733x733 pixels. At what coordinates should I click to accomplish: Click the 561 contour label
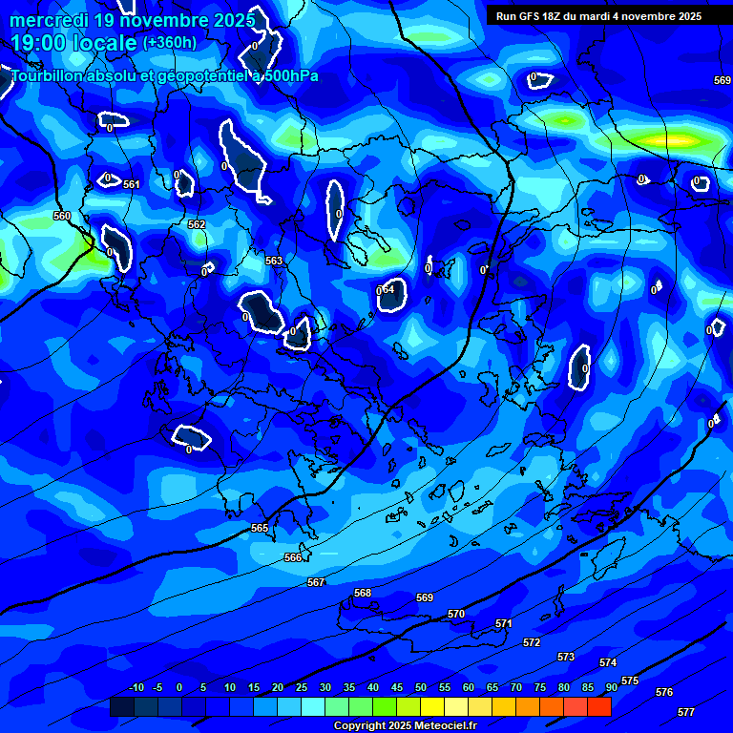(132, 184)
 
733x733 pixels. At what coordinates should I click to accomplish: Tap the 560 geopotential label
(62, 217)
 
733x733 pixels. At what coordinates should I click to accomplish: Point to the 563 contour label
(274, 261)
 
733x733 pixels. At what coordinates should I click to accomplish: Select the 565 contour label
(260, 528)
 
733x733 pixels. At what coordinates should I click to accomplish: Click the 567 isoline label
(316, 582)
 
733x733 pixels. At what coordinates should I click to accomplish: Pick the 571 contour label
(504, 623)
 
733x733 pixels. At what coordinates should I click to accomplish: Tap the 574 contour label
(608, 662)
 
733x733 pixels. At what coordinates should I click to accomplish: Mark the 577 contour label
(686, 712)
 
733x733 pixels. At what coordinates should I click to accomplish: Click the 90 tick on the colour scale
(611, 687)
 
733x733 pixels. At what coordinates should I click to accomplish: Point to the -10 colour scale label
(136, 687)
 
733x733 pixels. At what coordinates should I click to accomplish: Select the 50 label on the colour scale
(421, 687)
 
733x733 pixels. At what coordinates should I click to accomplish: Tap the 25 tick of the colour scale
(302, 687)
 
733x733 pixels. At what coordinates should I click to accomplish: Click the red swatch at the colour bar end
(598, 706)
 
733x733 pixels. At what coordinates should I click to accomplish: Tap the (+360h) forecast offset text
(170, 42)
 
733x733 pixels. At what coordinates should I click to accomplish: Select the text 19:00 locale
(73, 43)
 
